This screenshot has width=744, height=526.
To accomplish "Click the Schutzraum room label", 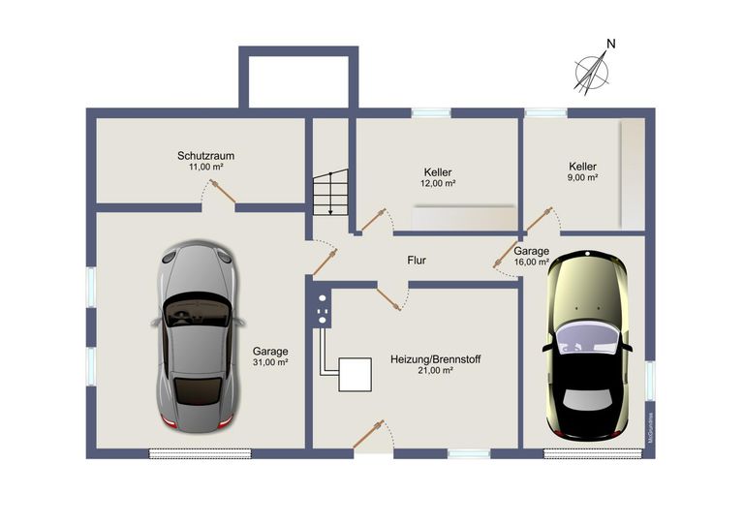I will click(x=205, y=155).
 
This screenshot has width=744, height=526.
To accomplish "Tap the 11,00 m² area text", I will click(x=205, y=167).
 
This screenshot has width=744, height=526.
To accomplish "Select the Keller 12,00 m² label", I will click(x=438, y=177).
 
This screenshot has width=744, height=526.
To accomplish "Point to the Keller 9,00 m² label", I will click(x=583, y=171).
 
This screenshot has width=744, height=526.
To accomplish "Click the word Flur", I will click(x=416, y=261).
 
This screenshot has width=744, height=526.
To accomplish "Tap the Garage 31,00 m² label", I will click(x=270, y=356).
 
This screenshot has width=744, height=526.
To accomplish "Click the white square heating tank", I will click(x=355, y=374).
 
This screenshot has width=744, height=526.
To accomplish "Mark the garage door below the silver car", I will click(x=200, y=453).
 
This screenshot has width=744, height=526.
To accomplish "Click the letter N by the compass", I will click(x=610, y=44).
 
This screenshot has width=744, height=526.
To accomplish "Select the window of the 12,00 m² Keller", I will click(x=431, y=113).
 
